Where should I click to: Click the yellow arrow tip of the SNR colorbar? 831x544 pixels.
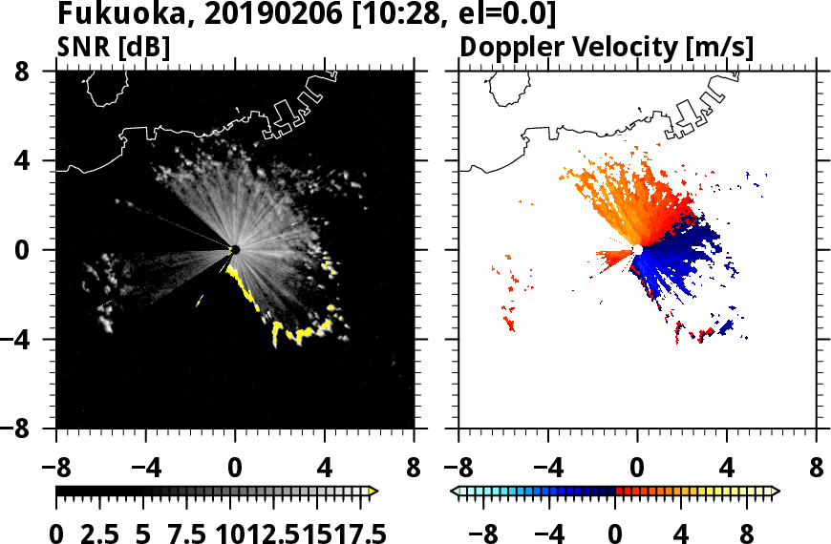(x=373, y=491)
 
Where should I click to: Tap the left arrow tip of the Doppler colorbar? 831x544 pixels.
(x=456, y=491)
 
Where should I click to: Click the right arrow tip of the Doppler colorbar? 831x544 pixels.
(x=775, y=491)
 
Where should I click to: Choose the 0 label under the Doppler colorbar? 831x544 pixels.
(x=616, y=533)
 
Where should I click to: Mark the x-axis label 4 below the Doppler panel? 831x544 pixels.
(x=727, y=469)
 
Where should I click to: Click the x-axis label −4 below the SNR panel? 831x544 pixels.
(x=139, y=469)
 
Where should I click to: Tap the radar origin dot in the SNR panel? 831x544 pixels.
(x=235, y=250)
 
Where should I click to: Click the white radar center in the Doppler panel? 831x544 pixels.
(x=637, y=250)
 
